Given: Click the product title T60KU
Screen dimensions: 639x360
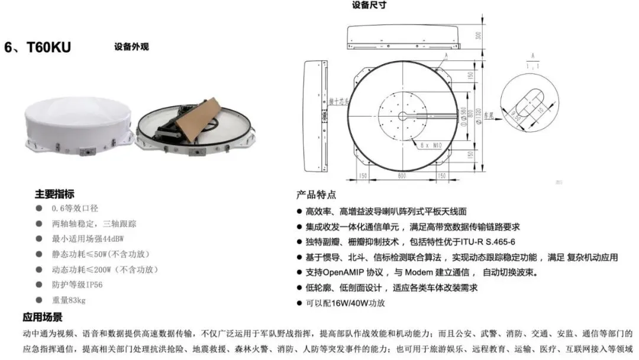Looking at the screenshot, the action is point(49,47).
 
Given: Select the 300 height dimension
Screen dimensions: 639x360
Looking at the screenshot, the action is point(479,37).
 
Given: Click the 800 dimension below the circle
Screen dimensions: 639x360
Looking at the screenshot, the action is point(402,176).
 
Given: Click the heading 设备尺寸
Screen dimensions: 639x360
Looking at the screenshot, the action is point(369,5).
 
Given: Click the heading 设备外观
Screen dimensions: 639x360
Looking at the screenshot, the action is point(131,47).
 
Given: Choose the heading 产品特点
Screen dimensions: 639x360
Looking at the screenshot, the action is point(316,195).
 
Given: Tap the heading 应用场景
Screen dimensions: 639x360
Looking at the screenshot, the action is point(43,317).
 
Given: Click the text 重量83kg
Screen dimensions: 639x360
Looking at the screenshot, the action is point(69,300).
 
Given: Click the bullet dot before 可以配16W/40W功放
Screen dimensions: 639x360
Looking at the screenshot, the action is point(300,303).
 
